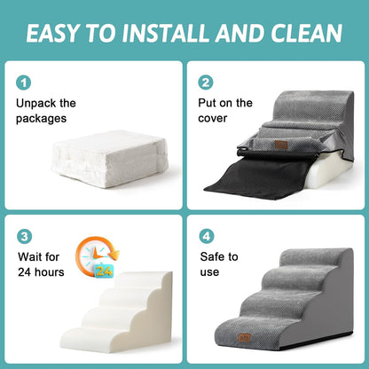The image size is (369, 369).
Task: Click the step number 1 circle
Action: point(24,82)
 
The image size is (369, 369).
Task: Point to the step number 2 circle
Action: point(206,82)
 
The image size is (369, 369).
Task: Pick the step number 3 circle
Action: point(24,238)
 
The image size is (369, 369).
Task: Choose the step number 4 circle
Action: point(206,238)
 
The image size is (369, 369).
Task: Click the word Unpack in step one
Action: point(37,104)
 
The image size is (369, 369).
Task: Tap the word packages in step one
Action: point(45,119)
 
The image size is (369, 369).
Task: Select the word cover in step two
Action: point(214,119)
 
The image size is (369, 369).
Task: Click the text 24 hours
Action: point(40,272)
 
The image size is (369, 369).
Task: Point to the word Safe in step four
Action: point(212,257)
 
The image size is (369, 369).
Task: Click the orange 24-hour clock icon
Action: point(92,258)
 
